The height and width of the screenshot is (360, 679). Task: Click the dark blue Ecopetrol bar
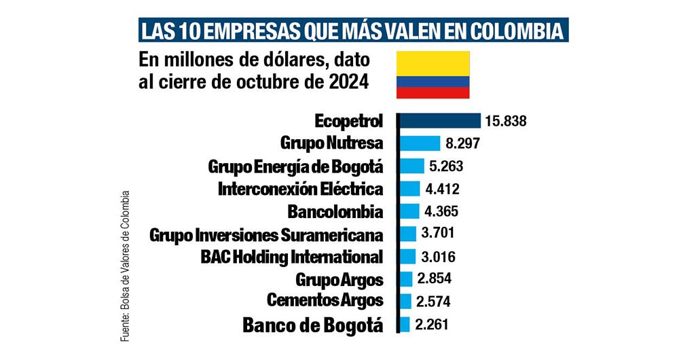(439, 122)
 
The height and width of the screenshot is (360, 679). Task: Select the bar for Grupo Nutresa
(419, 143)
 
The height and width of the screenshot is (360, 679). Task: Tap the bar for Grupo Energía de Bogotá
(411, 166)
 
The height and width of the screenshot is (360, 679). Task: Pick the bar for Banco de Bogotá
(405, 324)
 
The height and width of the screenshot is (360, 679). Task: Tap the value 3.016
(437, 257)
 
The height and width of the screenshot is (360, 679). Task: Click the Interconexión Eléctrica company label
(300, 189)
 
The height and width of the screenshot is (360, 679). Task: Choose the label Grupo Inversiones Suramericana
(266, 235)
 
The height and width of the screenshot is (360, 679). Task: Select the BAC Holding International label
(292, 257)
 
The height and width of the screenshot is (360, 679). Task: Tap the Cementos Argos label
(325, 300)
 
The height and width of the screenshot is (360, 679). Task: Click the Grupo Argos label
(339, 278)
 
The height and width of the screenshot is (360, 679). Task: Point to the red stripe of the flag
(433, 92)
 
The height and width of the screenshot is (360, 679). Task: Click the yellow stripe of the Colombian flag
(433, 63)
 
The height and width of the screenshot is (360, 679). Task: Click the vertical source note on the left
(124, 258)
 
